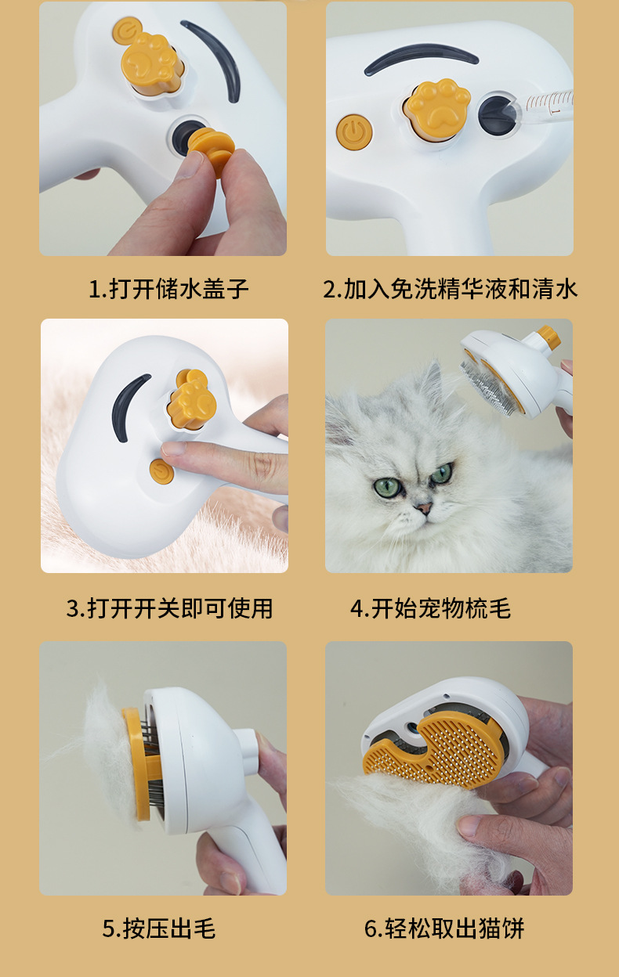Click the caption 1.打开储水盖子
pos(169,289)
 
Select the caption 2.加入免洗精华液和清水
pos(450,289)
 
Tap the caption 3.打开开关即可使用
pos(169,608)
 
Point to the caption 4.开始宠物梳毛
pos(430,608)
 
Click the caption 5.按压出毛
pos(159,928)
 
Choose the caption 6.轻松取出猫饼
pos(444,928)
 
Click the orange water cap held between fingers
pos(212,150)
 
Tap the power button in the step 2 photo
pos(354,132)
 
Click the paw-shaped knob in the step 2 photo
pos(437,109)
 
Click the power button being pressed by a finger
pos(161,470)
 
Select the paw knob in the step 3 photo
pos(192,399)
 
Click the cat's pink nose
pos(423,508)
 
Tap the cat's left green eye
pos(387,486)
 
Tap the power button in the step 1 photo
pos(127,30)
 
